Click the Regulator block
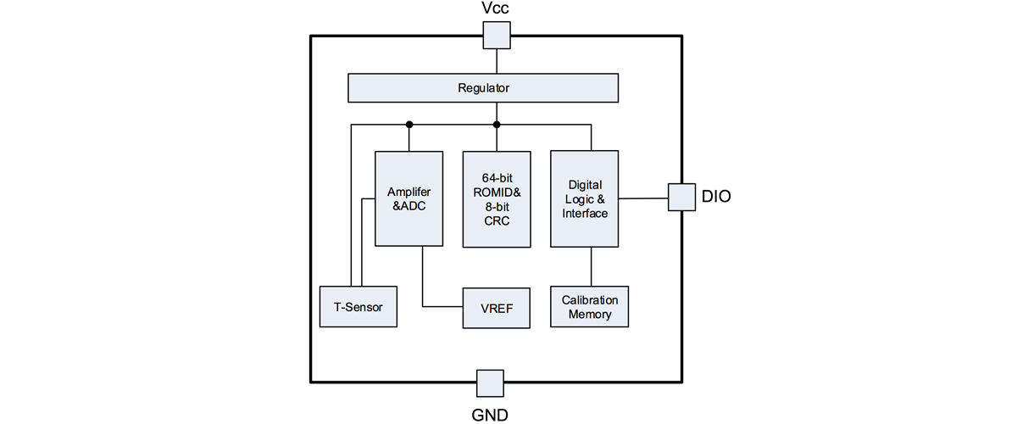[x=483, y=87]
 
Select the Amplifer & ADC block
[x=408, y=199]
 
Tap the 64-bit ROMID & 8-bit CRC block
[x=497, y=199]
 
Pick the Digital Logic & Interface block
[x=585, y=199]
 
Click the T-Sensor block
[x=358, y=306]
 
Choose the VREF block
[x=497, y=307]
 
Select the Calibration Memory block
[x=591, y=307]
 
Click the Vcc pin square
[x=497, y=36]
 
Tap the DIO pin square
[x=681, y=197]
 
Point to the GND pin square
[x=490, y=383]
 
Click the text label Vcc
[x=497, y=9]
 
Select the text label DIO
[x=716, y=197]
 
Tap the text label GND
[x=490, y=415]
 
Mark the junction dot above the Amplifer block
[x=408, y=125]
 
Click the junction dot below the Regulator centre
[x=497, y=125]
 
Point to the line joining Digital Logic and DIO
[x=643, y=198]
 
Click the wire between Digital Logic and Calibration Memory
[x=591, y=267]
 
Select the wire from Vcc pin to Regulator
[x=497, y=62]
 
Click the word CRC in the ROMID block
[x=497, y=220]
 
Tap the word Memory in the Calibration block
[x=591, y=315]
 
